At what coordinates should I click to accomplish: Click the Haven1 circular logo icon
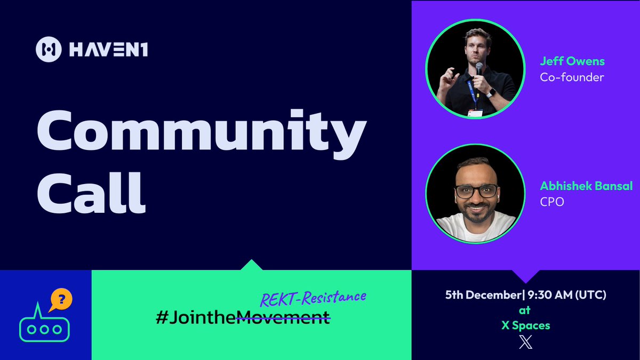[49, 50]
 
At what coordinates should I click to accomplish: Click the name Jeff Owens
[572, 61]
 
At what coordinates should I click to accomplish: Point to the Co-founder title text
[572, 77]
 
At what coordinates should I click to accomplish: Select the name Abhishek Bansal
[586, 186]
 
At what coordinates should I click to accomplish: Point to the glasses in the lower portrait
[476, 191]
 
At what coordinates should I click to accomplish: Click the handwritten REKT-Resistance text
[313, 299]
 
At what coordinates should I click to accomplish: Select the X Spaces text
[525, 325]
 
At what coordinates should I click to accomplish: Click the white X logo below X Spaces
[525, 342]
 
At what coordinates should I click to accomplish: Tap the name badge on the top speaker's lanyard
[475, 112]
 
